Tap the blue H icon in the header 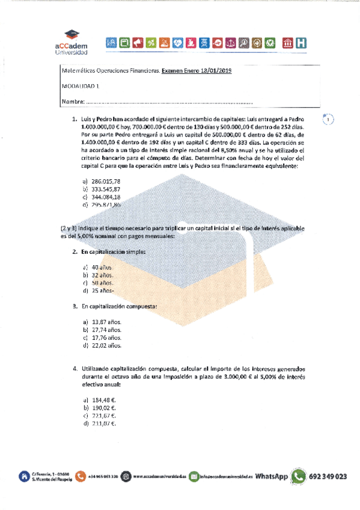pos(301,42)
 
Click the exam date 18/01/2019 pos(215,71)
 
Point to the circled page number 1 pos(328,119)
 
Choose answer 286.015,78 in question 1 pos(106,181)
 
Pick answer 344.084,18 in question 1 pos(106,197)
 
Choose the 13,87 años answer pos(106,322)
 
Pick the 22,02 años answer pos(106,346)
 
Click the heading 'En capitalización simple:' pos(114,251)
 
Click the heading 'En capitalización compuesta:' pos(119,306)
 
